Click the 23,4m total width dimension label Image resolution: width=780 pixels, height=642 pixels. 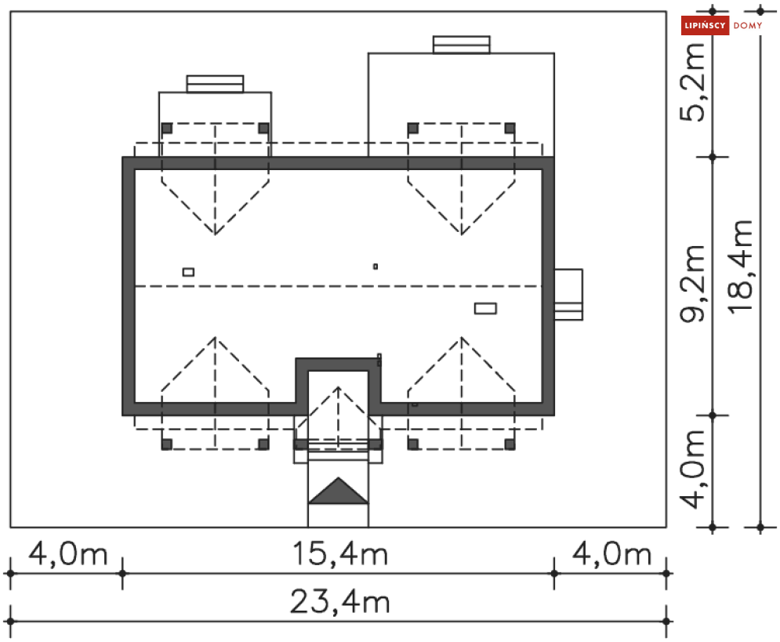(339, 602)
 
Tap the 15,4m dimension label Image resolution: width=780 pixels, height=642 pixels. (339, 553)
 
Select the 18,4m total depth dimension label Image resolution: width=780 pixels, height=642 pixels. (740, 267)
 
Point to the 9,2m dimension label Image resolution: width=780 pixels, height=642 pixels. (692, 284)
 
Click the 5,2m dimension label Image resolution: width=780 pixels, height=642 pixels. (692, 82)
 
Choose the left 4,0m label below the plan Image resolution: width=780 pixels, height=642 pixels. (67, 553)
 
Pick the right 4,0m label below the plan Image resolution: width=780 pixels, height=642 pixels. (611, 553)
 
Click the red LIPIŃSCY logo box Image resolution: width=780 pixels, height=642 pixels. (705, 25)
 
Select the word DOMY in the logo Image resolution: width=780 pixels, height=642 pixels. (748, 25)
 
